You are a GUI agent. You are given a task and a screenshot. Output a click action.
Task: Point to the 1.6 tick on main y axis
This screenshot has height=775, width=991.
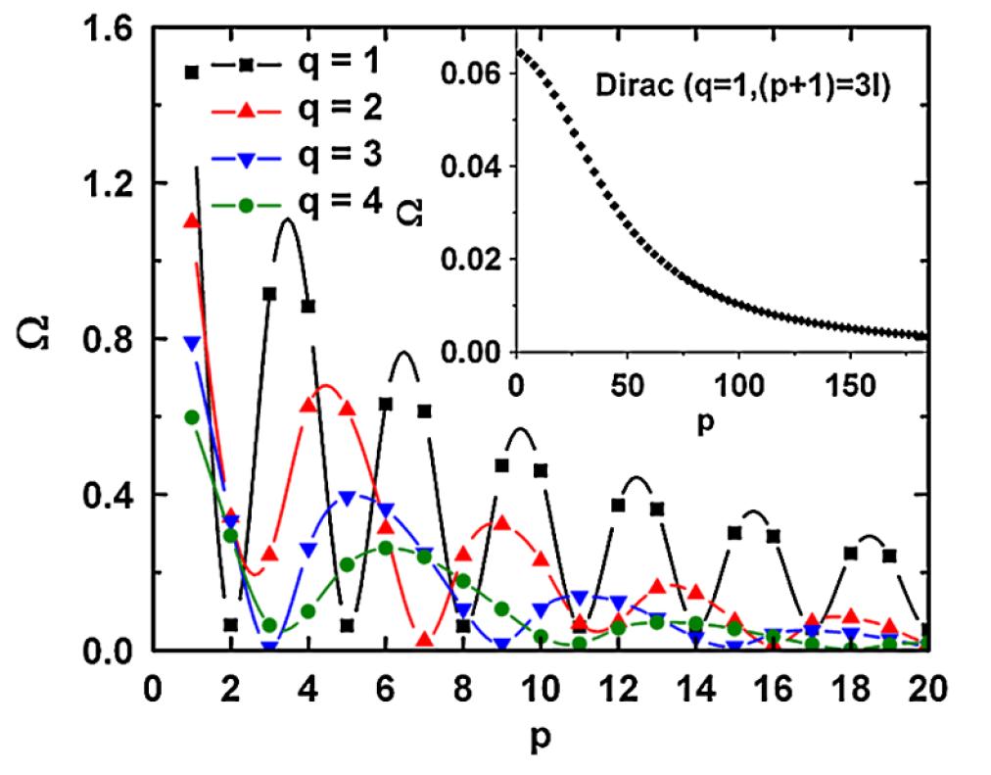click(x=113, y=29)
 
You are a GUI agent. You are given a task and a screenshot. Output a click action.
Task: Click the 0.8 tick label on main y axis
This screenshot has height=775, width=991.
click(x=113, y=339)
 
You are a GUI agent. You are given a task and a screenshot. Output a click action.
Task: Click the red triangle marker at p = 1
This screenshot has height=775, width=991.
click(x=192, y=220)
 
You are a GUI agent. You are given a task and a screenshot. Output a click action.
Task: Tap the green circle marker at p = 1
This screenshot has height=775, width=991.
click(x=192, y=417)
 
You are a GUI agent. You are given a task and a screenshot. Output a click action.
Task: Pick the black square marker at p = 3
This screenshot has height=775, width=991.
click(x=269, y=293)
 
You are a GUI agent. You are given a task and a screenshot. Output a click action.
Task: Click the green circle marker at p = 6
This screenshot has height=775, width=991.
click(x=386, y=548)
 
